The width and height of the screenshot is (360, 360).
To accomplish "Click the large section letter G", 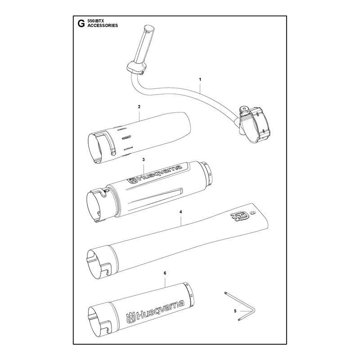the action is (x=81, y=23).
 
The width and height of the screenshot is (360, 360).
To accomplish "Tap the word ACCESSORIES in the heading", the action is (x=103, y=26).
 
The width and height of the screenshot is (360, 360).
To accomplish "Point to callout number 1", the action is (x=200, y=80).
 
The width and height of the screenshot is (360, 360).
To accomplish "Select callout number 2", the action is (x=139, y=107).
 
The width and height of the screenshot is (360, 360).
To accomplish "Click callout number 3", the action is (x=144, y=160).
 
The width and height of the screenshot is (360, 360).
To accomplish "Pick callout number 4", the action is (x=181, y=212).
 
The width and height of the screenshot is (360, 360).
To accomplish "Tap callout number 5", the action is (x=235, y=311).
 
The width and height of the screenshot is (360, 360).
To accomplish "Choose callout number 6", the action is (x=165, y=273).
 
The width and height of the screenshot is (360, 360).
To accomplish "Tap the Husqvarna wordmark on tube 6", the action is (x=155, y=311).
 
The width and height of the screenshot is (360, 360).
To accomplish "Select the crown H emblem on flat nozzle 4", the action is (x=240, y=216).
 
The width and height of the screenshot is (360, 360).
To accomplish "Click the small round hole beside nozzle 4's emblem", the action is (x=253, y=213).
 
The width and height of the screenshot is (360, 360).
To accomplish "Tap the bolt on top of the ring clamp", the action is (x=244, y=108).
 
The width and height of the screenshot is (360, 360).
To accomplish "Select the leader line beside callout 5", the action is (x=244, y=311).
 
